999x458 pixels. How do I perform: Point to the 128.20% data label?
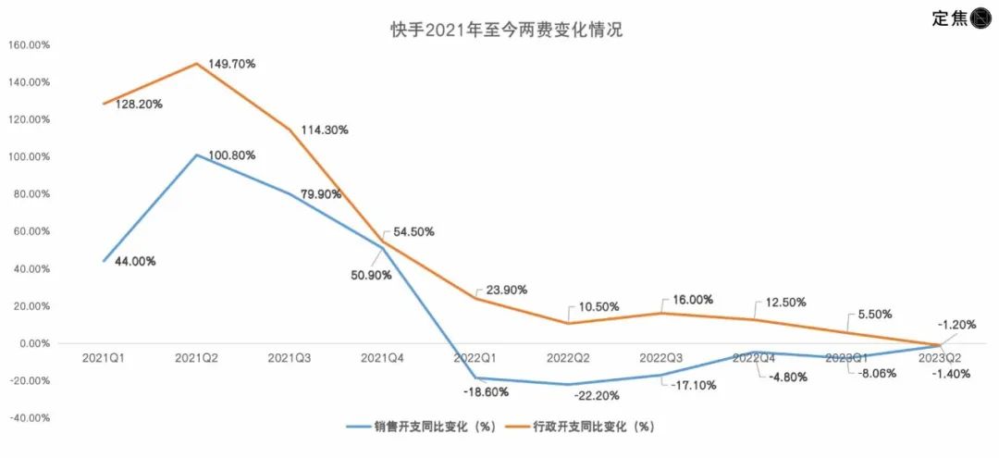coord(139,105)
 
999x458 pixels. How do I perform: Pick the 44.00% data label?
coord(135,262)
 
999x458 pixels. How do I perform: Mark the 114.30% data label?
coord(325,130)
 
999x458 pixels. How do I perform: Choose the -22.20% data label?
coord(597,396)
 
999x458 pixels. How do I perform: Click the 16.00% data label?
coord(689,300)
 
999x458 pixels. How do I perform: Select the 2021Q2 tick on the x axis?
coord(197,356)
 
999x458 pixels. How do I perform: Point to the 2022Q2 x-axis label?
coord(569,356)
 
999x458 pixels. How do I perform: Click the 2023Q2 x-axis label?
coord(941,356)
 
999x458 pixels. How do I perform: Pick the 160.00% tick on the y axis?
coord(29,44)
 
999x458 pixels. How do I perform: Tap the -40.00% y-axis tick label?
coord(29,418)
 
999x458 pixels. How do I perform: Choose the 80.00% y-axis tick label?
coord(29,194)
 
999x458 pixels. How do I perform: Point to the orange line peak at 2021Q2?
coord(197,64)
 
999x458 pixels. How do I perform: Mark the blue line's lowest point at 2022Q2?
coord(569,385)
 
